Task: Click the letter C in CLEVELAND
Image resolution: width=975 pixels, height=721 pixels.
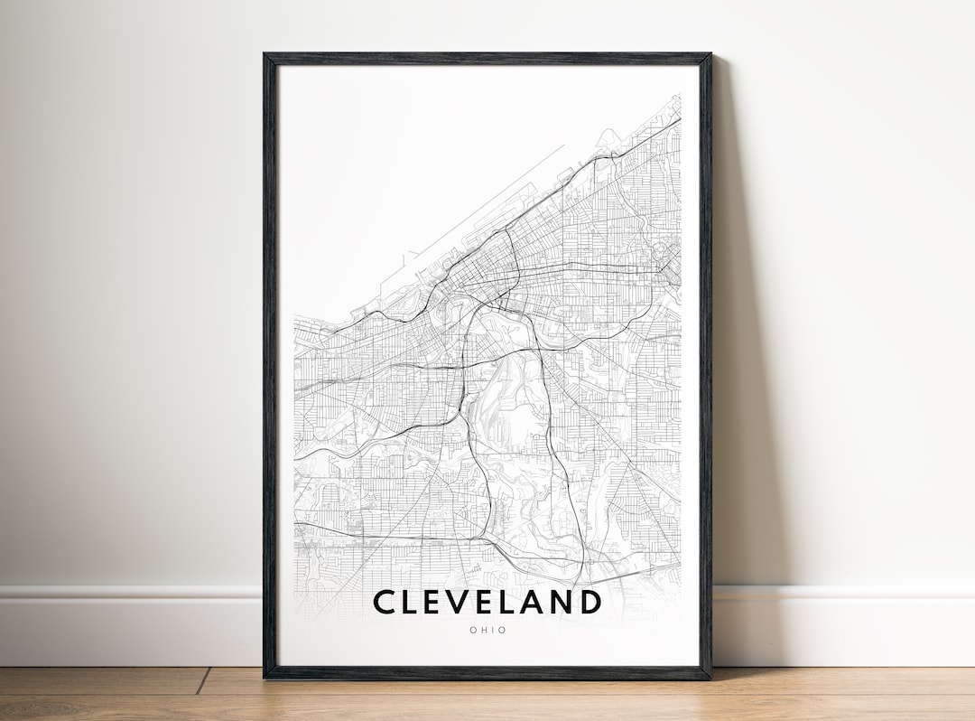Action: (385, 602)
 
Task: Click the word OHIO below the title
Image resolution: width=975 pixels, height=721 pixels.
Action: (487, 631)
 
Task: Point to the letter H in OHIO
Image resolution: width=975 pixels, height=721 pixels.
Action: (484, 631)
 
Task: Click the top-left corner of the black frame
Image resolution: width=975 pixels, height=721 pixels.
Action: (265, 55)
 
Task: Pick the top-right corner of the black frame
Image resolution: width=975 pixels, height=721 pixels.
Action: (710, 55)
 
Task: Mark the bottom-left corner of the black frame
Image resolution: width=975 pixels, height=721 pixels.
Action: (265, 678)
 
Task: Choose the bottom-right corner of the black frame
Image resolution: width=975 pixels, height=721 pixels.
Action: (710, 678)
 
